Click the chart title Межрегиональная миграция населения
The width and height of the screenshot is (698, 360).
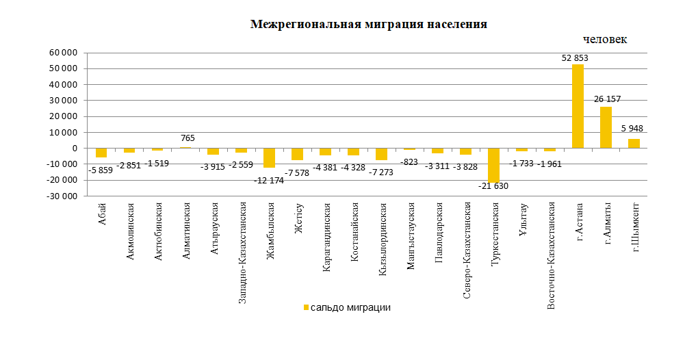click(x=369, y=25)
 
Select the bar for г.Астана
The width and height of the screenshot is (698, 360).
click(x=578, y=106)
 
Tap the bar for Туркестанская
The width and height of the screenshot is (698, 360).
click(x=493, y=165)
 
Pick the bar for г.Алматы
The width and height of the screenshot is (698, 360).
click(x=606, y=127)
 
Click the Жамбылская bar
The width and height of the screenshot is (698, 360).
click(x=269, y=157)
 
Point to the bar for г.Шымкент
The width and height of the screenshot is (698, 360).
click(x=634, y=143)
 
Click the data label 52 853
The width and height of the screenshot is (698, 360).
click(x=575, y=58)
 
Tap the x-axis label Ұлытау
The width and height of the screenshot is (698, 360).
click(x=522, y=218)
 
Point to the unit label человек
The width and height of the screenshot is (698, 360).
click(x=605, y=40)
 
